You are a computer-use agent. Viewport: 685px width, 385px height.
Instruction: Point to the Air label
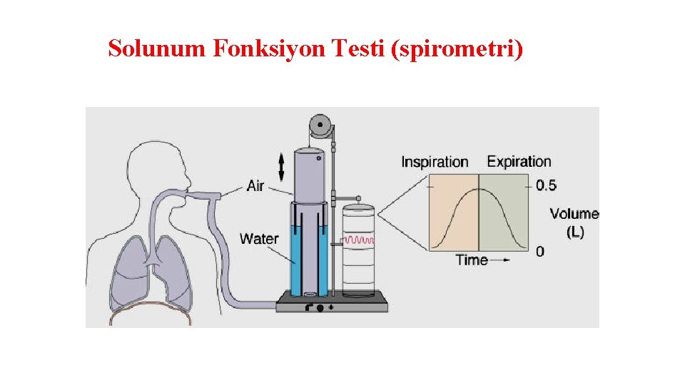tap(255, 186)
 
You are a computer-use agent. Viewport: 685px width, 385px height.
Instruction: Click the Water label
tap(259, 238)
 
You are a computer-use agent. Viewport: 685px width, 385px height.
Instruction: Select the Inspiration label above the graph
tap(435, 162)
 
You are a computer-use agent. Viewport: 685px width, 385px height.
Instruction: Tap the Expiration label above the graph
tap(519, 162)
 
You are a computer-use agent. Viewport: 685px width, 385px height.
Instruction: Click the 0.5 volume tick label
tap(546, 186)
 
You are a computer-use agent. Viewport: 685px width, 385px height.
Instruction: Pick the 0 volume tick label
tap(540, 251)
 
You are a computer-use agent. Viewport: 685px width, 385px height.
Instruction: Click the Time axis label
tap(472, 260)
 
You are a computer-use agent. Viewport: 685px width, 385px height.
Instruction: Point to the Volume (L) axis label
tap(574, 222)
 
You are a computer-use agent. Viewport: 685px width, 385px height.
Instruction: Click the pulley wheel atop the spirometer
tap(320, 128)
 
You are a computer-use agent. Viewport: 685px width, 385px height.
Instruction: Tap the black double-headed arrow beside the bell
tap(281, 166)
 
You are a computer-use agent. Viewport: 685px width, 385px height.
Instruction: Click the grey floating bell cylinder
tap(309, 175)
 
